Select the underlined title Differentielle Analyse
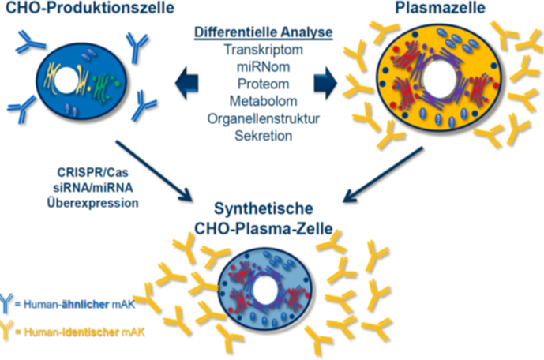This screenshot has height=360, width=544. coord(264,32)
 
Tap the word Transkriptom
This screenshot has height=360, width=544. coord(263,50)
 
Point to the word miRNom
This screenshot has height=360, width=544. coord(263,67)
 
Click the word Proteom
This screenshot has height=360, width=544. coord(263,84)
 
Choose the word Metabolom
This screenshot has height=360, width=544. coord(263,102)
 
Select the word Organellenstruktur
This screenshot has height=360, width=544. coord(263,119)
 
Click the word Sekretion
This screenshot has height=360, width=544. coord(263,136)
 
